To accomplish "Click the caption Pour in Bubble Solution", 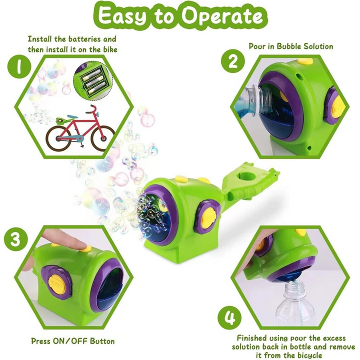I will click(290, 46).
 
